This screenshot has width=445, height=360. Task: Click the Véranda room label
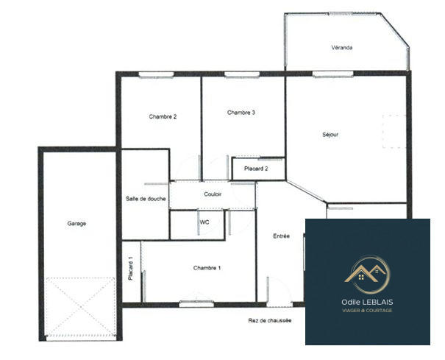342,48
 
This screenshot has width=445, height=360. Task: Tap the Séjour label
330,135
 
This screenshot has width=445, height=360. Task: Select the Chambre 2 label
163,116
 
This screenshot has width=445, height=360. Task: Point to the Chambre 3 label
241,113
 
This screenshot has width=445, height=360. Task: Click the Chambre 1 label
207,267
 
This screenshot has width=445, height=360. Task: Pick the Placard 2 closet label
256,169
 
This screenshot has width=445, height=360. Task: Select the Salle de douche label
146,199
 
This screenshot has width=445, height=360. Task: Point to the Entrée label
281,236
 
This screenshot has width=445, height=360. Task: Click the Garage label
77,223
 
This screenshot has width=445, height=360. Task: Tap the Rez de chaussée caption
270,320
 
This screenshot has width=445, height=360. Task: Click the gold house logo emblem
367,274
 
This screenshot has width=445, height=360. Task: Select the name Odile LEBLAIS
367,302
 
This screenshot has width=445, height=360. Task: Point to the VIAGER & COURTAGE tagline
367,311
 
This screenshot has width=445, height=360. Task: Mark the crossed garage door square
81,307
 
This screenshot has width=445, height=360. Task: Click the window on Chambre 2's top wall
156,74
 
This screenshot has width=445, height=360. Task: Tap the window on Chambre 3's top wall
242,74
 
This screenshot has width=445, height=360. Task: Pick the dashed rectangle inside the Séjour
393,132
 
